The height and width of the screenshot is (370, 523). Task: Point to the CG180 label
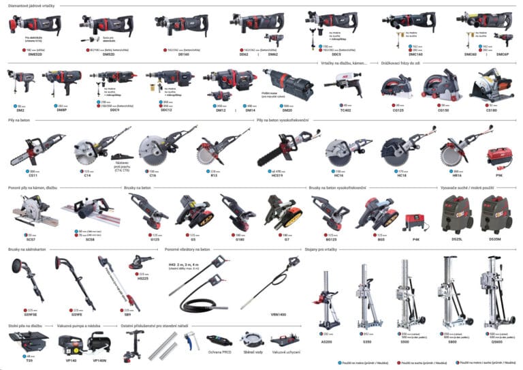point(491,109)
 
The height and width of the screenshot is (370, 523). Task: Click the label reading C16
point(153,176)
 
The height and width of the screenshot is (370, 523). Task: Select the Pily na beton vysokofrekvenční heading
point(283,121)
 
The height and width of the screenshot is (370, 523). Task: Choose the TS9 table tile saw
point(29,339)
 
